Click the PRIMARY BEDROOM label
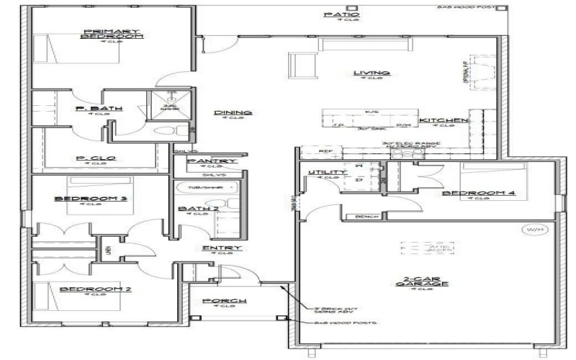[x=113, y=34]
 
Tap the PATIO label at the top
[x=341, y=14]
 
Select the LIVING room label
[x=372, y=73]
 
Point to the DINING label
[x=233, y=113]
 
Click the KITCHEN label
[x=444, y=120]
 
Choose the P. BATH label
[x=99, y=109]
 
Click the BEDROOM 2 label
[x=95, y=289]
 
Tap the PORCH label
[x=225, y=300]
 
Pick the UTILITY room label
[x=323, y=173]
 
